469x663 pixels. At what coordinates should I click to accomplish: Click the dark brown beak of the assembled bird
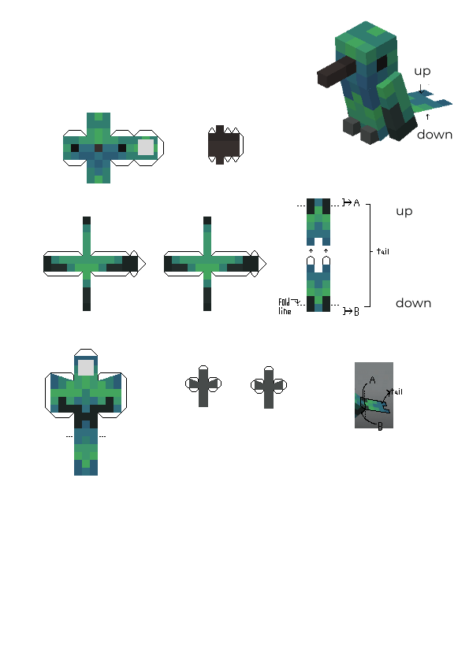click(336, 72)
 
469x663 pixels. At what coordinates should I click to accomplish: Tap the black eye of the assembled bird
click(382, 64)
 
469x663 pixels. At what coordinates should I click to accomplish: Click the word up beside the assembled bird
click(422, 72)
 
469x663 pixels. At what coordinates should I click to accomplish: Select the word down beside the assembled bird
click(435, 135)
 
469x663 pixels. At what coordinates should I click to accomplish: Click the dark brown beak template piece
click(225, 145)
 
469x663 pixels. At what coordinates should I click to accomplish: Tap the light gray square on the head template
click(146, 147)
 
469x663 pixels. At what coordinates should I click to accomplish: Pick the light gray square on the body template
click(86, 368)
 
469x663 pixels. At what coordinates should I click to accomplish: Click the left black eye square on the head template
click(75, 147)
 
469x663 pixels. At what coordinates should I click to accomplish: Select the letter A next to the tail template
click(356, 203)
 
